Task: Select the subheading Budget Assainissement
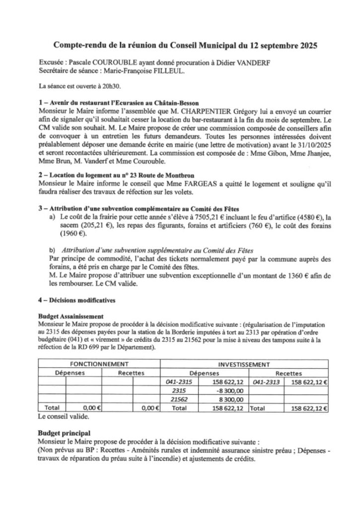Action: (71, 316)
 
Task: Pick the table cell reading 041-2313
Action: (266, 382)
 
